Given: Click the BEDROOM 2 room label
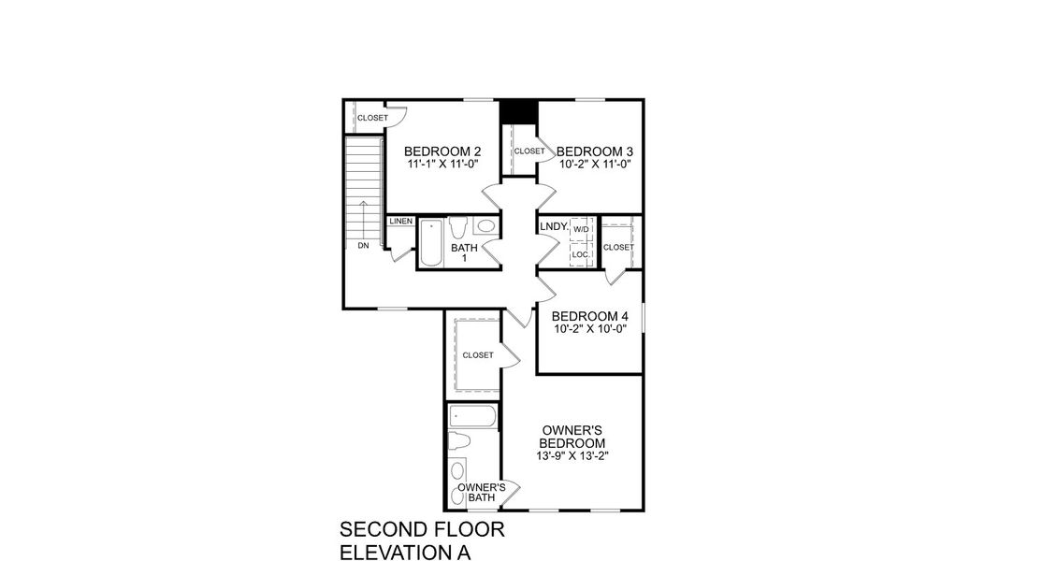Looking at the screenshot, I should [442, 151].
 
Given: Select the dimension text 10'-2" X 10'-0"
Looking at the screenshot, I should [589, 329].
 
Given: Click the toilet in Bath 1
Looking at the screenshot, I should [458, 228].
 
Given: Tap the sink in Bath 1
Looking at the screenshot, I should [486, 226].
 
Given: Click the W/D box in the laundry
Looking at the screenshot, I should [581, 229].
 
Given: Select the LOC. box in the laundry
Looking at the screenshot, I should [580, 254].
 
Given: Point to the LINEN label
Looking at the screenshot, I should [401, 222].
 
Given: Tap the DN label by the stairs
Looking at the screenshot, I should [363, 246].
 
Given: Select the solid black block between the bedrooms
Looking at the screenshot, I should [518, 111].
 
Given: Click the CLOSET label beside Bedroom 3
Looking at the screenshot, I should [528, 151].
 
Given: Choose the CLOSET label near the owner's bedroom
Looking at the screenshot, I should [477, 355].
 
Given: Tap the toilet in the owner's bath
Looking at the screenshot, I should [460, 442].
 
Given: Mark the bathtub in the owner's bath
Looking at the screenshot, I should [474, 416].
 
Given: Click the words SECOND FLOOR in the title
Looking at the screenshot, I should [422, 530].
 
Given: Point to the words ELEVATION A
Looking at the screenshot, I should [404, 552].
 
